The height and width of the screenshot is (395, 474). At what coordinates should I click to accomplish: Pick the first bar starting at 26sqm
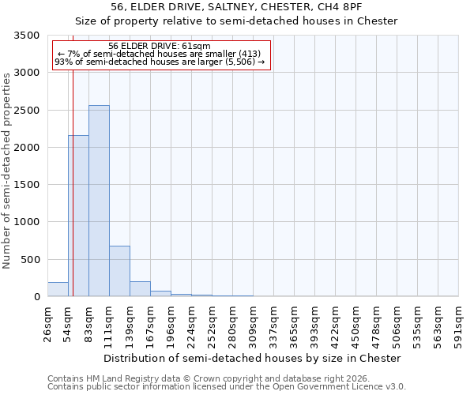click(58, 289)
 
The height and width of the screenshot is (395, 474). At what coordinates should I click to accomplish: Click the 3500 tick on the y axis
click(28, 36)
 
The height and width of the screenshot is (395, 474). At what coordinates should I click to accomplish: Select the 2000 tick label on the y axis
click(28, 148)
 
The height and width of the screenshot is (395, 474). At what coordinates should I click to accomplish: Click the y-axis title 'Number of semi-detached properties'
click(7, 170)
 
